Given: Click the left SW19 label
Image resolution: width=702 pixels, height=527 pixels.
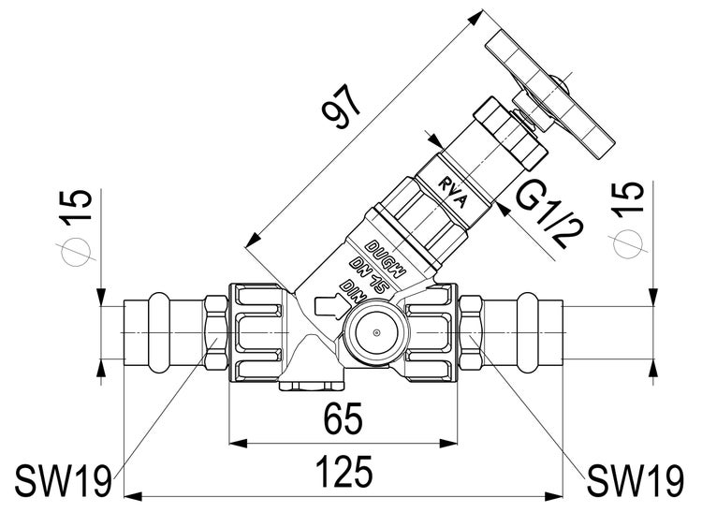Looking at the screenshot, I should pos(63,482).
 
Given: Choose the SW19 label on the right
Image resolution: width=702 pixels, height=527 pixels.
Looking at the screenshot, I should pos(635,482).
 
